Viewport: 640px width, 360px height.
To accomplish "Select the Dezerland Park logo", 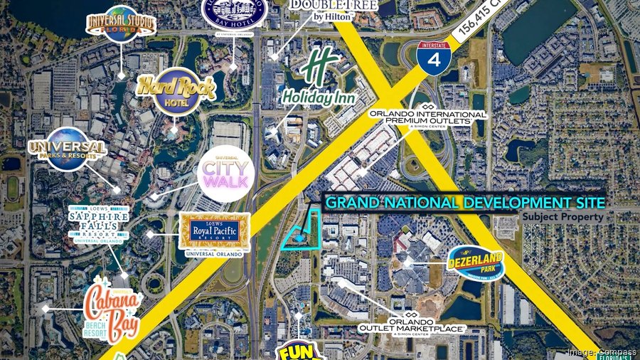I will pos(476,265).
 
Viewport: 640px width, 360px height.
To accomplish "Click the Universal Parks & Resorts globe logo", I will pos(68,149).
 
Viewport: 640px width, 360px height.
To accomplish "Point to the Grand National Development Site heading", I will pos(465,203).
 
